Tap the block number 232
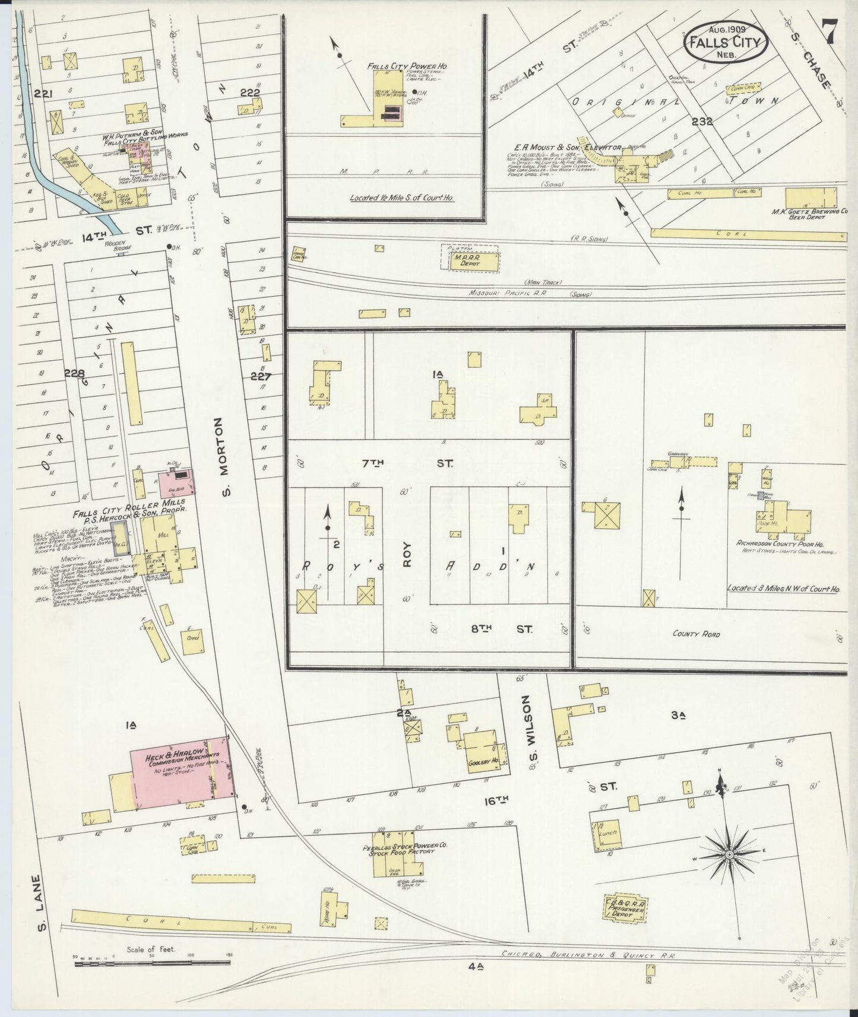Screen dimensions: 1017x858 (702, 121)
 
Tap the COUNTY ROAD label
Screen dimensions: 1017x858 (696, 634)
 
